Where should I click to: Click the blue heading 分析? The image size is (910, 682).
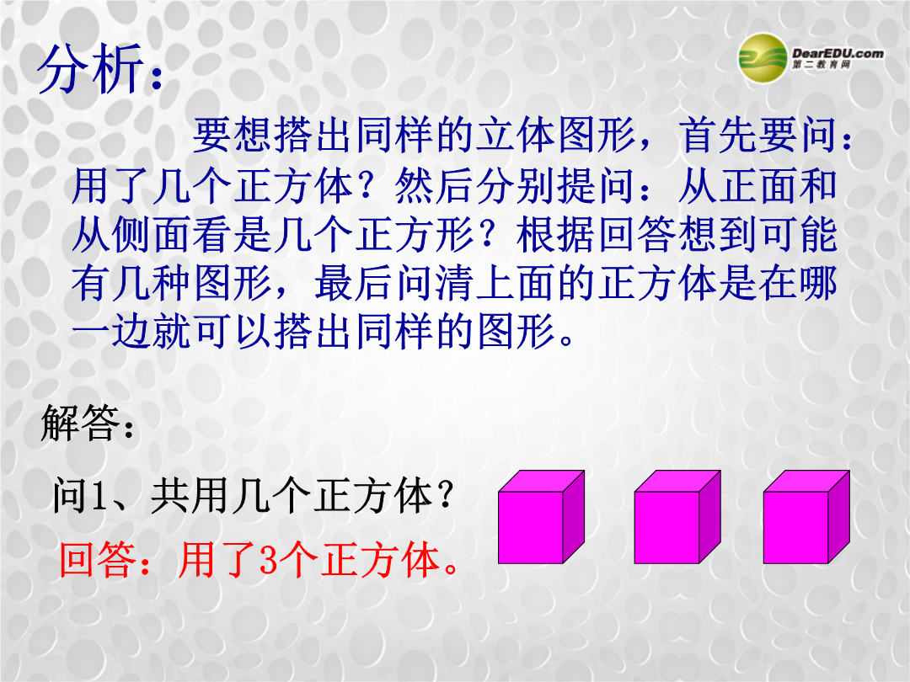point(90,69)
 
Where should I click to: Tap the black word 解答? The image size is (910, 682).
point(81,423)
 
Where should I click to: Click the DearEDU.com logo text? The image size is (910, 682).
point(838,53)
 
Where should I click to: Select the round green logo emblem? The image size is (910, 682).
point(763,57)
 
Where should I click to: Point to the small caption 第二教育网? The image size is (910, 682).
point(822,65)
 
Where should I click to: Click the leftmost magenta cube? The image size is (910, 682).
point(541,517)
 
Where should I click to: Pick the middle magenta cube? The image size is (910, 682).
point(677,517)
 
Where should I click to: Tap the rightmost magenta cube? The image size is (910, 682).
point(806,517)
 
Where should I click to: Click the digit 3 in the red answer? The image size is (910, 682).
point(269,560)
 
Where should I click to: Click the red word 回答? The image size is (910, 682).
point(98,560)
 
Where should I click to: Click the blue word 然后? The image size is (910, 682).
point(435,187)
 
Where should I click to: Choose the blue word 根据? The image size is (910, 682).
point(556,236)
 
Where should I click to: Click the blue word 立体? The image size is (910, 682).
point(516,135)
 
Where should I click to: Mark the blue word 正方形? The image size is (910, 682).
point(415,236)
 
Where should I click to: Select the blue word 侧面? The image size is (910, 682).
point(151,236)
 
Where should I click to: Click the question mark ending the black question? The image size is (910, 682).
point(445,497)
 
